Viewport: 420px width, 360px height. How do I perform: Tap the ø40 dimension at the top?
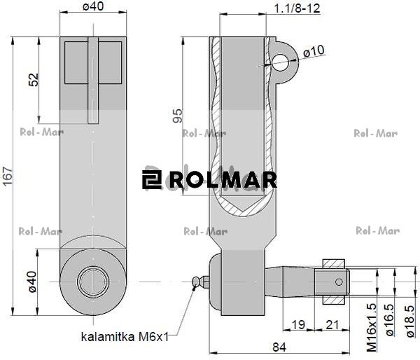pos(93,8)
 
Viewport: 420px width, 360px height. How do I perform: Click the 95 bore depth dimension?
pos(176,115)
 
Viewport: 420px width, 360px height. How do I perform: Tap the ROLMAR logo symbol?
pos(151,179)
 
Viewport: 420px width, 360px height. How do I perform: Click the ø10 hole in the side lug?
pos(284,62)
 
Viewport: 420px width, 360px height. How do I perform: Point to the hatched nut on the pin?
pos(335,282)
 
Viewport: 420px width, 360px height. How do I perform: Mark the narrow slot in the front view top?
pos(93,81)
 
